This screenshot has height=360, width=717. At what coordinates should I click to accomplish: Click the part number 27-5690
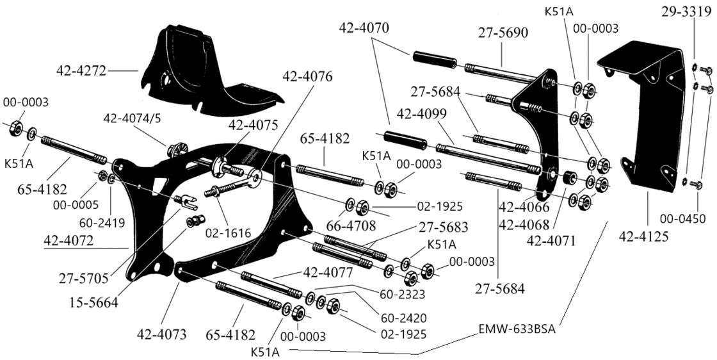pyautogui.click(x=504, y=33)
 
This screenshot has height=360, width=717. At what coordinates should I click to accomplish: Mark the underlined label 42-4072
pyautogui.click(x=69, y=241)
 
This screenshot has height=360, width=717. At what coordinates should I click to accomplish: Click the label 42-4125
pyautogui.click(x=645, y=238)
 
